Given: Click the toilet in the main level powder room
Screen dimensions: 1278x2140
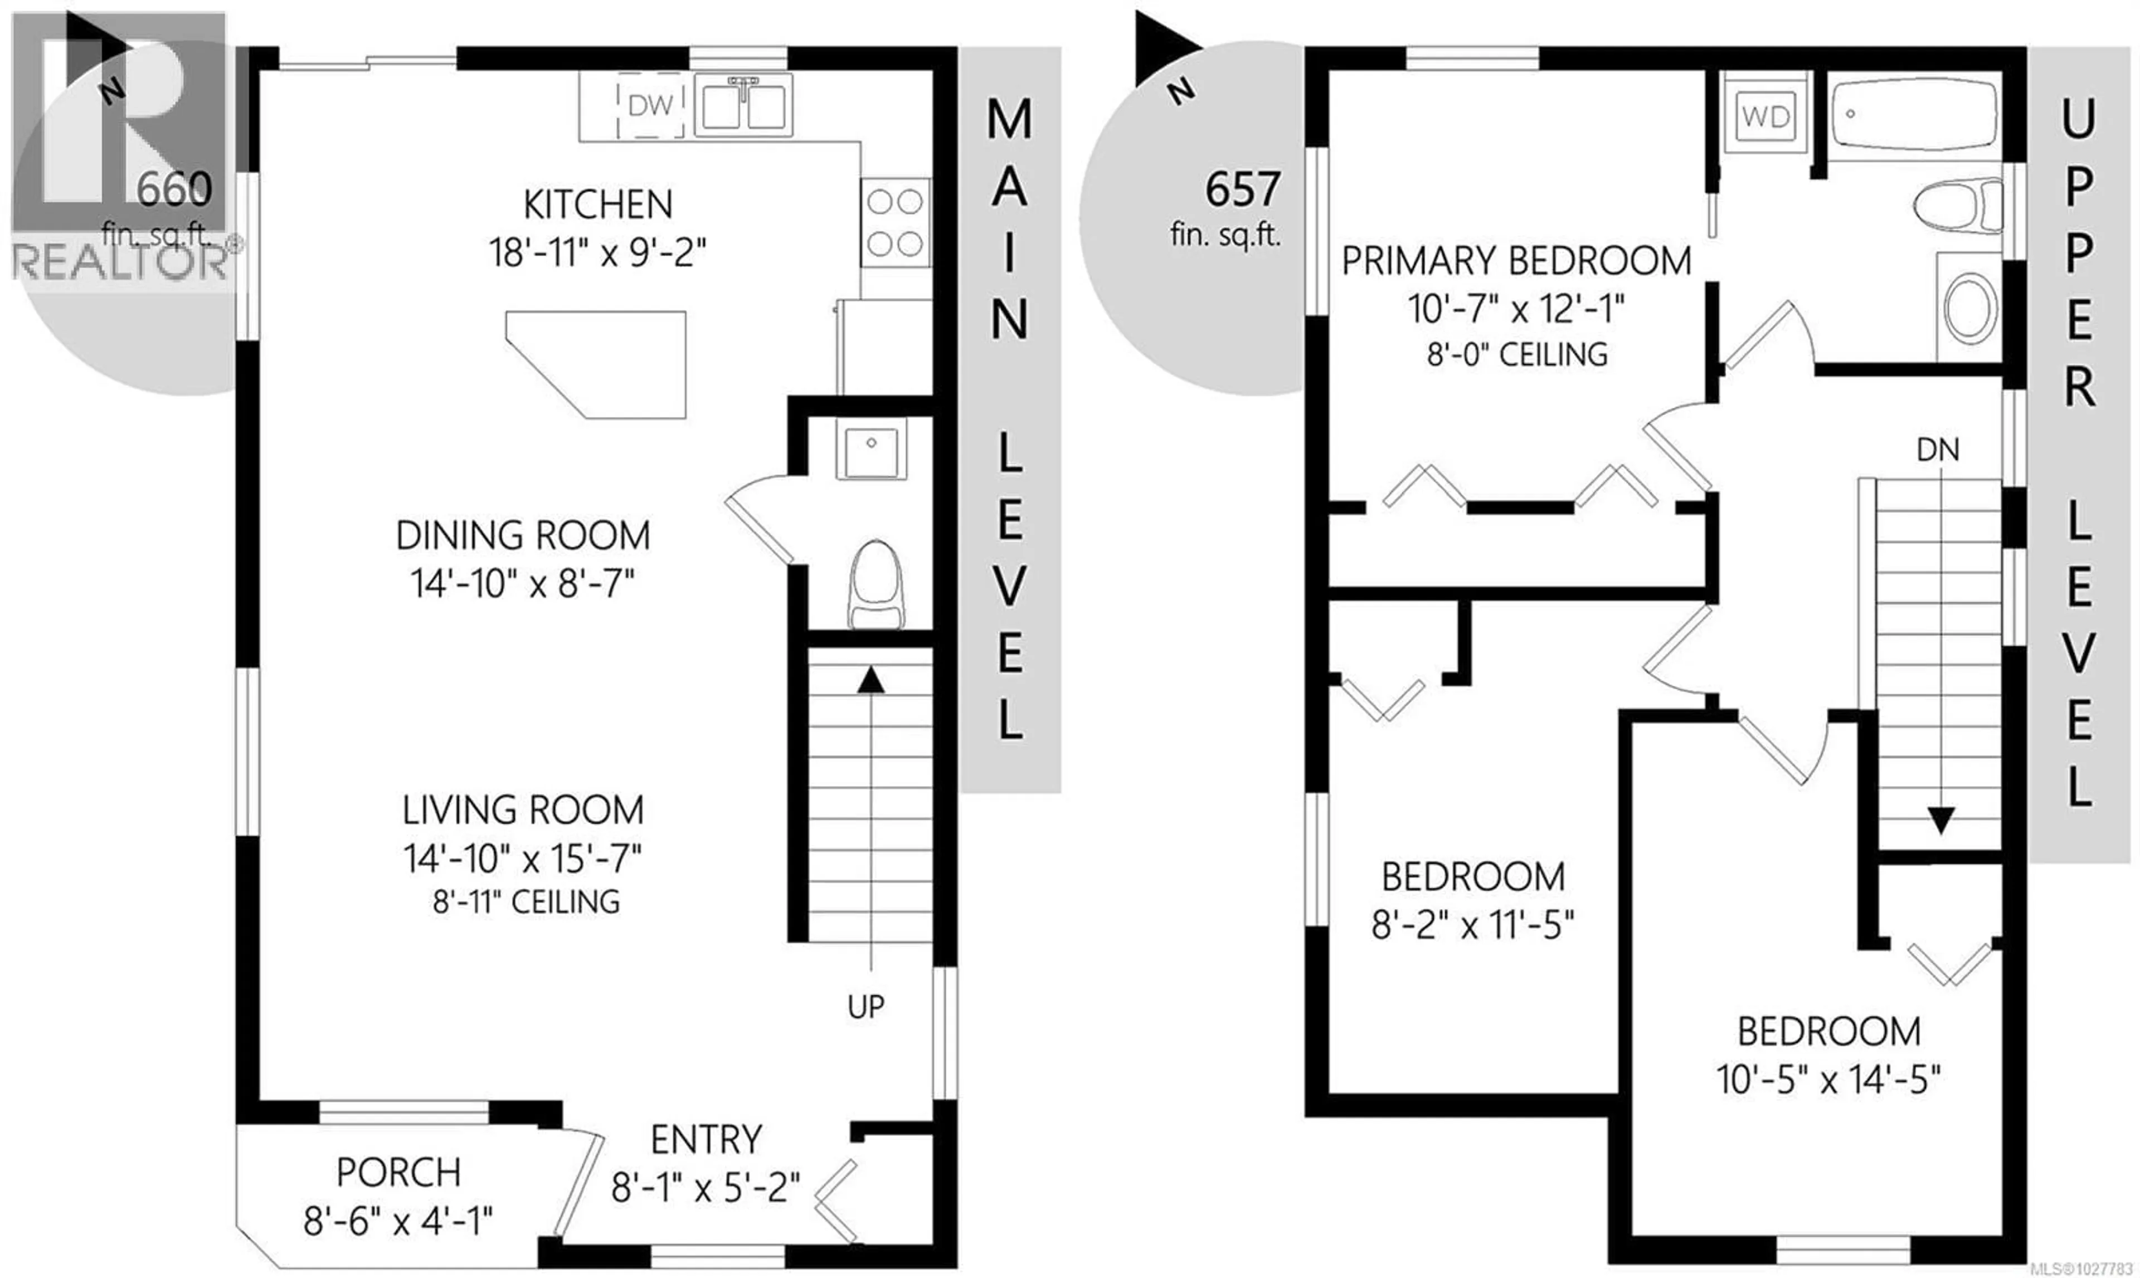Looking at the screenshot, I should click(x=876, y=585).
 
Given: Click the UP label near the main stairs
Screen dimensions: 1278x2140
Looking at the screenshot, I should click(x=866, y=1006).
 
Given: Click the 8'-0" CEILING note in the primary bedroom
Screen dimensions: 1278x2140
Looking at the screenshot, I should click(x=1517, y=355).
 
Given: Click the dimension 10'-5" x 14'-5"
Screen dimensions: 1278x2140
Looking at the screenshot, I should click(x=1828, y=1079).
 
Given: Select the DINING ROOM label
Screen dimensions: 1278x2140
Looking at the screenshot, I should click(x=522, y=536).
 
